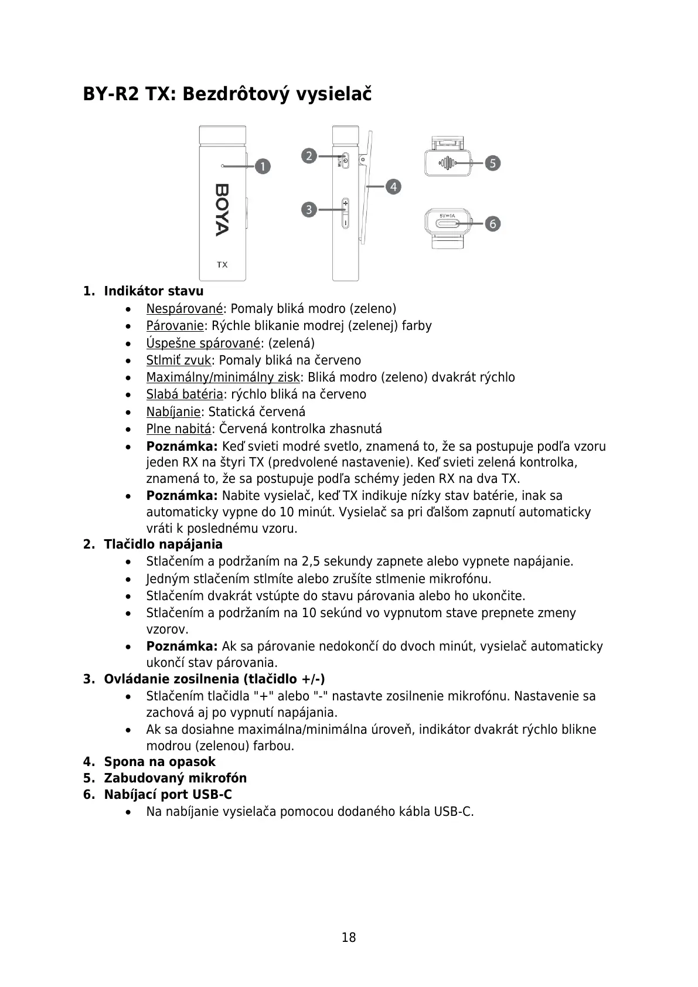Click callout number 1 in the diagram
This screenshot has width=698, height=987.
[263, 166]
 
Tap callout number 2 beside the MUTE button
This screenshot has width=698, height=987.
[309, 156]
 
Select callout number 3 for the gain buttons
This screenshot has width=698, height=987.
[309, 209]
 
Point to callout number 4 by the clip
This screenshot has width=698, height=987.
[393, 187]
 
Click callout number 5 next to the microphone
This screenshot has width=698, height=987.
[493, 163]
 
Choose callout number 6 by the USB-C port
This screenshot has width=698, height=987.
[493, 223]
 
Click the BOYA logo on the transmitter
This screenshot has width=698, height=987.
[222, 210]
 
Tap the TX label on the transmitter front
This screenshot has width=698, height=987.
[222, 265]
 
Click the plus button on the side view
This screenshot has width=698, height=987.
[345, 204]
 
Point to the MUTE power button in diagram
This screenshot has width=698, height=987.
[345, 160]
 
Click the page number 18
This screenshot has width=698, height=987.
[349, 937]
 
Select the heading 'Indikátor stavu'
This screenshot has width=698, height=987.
[154, 291]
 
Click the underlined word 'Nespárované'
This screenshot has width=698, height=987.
[185, 309]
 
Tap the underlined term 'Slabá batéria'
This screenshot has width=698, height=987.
[185, 394]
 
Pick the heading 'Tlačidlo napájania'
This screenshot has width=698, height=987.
[163, 544]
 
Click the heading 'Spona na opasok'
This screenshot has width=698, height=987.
[159, 762]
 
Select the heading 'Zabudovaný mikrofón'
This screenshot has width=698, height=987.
[175, 778]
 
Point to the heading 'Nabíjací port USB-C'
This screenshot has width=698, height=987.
[168, 795]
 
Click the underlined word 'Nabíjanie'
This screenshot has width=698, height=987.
[173, 412]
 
